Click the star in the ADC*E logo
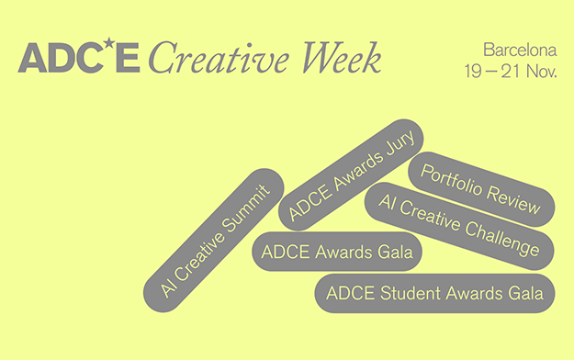coord(108,43)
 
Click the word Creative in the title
coord(219,58)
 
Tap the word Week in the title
coord(341,58)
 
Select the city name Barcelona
coord(520,50)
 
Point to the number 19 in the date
coord(473,71)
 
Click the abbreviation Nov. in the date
coord(542,71)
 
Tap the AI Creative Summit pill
coord(214,241)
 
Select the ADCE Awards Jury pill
coord(351,174)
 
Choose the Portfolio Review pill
coord(481,189)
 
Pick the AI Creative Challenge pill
coord(459,226)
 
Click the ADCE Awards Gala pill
coord(337,252)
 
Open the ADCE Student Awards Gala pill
coord(435,293)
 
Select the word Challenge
coord(501,238)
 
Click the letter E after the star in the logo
coord(128,58)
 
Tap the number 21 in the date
coord(512,71)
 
